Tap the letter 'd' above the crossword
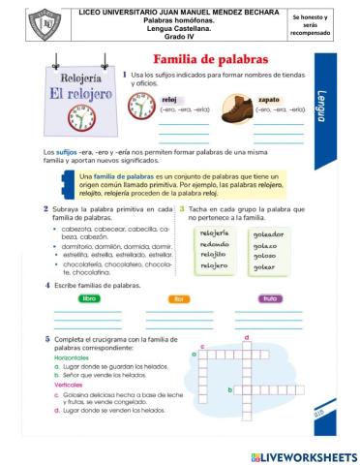(x=248, y=336)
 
